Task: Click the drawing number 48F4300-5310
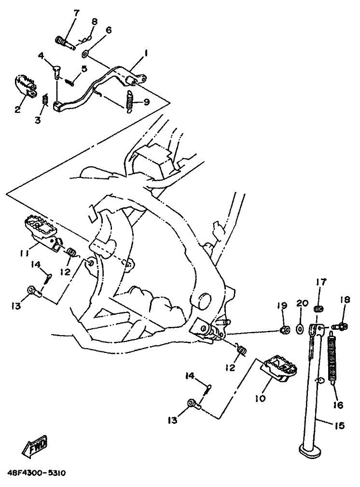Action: [x=36, y=473]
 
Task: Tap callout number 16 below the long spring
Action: [x=338, y=405]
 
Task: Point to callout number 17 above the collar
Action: [x=321, y=282]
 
